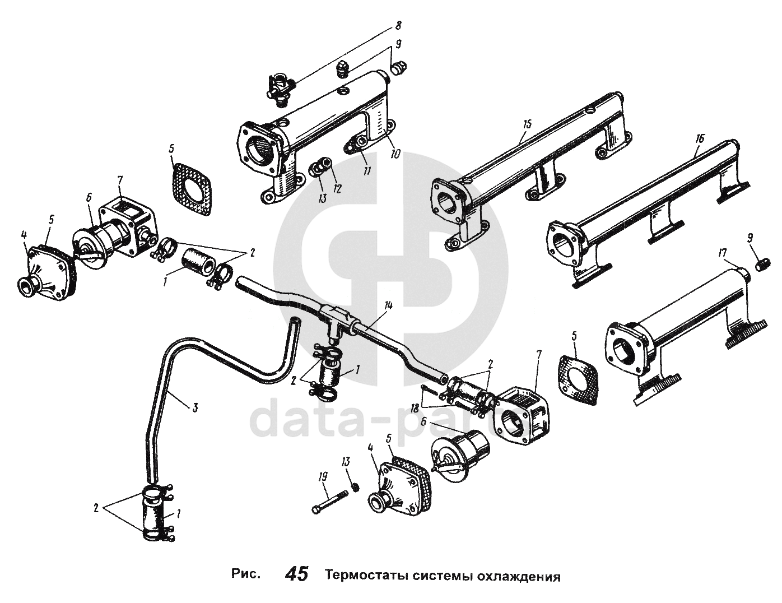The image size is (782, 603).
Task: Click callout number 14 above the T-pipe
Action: [389, 305]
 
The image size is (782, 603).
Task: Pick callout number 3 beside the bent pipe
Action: [194, 407]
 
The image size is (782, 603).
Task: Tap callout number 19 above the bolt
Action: [323, 477]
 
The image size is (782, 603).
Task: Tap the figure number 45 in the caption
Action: [297, 575]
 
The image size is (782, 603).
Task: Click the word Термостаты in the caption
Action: [364, 576]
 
